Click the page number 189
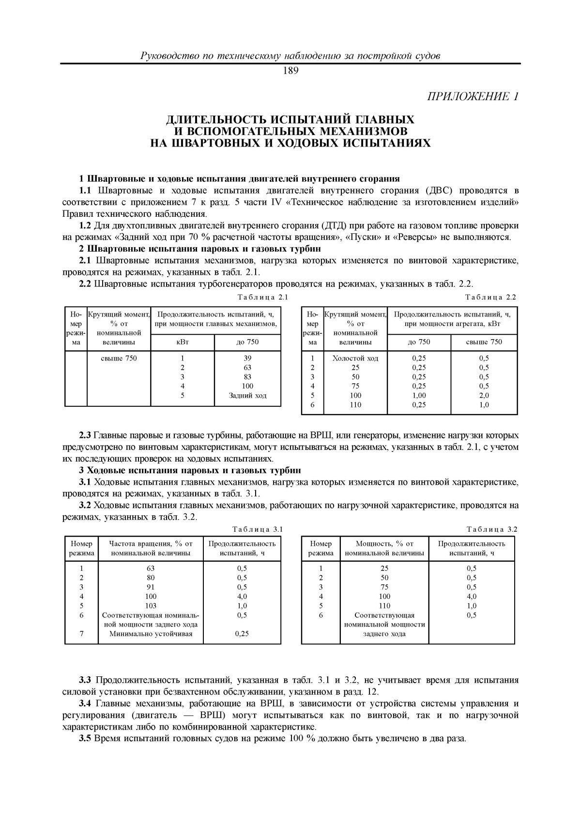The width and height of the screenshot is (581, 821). coord(290,72)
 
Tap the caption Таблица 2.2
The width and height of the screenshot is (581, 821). coord(491,297)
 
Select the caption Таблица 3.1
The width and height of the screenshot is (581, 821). coord(257,529)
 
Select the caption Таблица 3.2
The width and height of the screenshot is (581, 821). coord(492,529)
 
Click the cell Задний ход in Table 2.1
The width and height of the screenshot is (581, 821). coord(247,395)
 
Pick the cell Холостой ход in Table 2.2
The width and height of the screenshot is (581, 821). coord(355,358)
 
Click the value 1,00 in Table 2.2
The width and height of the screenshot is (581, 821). coord(419,395)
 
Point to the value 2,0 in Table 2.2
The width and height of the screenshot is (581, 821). coord(484,395)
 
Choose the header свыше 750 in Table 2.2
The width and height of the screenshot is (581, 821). coord(484,342)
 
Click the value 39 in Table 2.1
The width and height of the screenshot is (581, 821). coord(247,358)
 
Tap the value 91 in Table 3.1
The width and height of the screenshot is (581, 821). coord(151,587)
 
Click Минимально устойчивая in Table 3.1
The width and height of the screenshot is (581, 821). coord(151,634)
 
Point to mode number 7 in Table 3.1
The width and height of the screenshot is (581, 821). coord(81,634)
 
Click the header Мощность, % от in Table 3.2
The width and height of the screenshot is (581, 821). coord(384,543)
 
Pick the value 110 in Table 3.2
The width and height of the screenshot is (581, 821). coord(384,606)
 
